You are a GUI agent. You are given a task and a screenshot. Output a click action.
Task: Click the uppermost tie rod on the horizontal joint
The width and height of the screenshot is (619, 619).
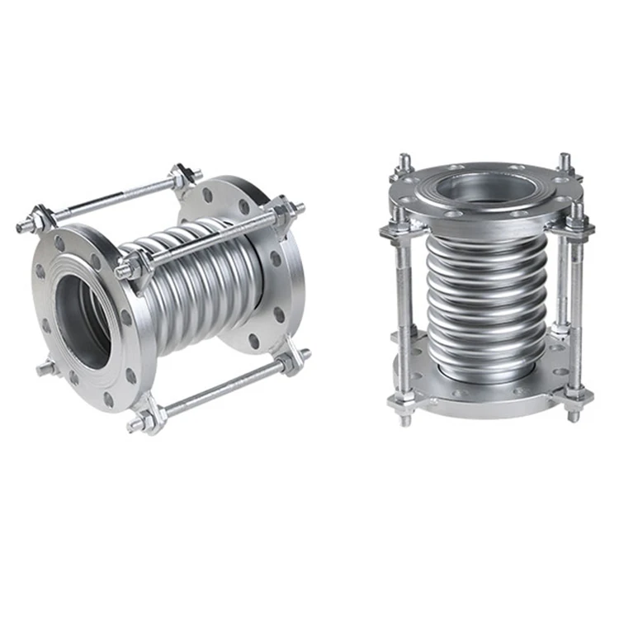(111, 197)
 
